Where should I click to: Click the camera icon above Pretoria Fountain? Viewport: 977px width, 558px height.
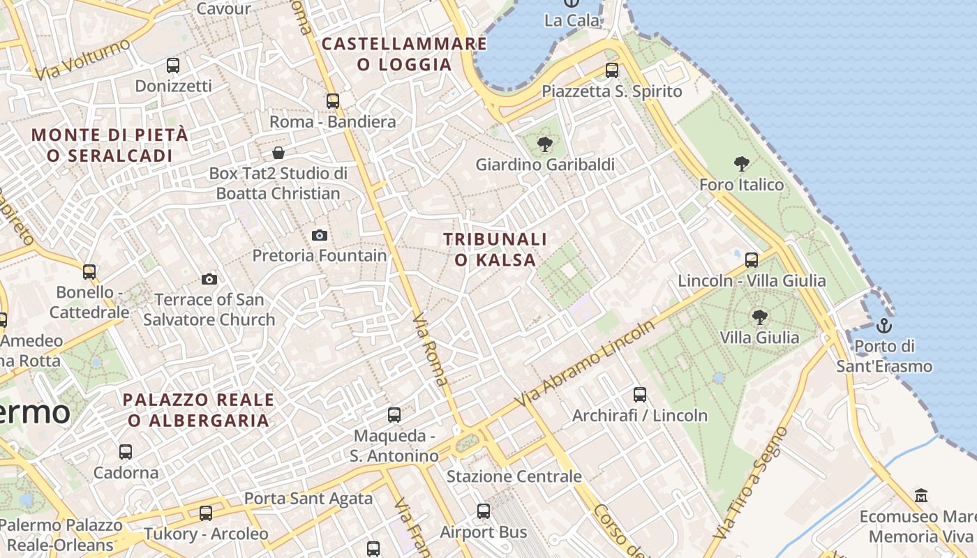tap(320, 235)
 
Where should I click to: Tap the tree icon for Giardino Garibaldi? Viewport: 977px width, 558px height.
tap(545, 144)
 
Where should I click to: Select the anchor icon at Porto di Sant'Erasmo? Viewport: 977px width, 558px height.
tap(884, 326)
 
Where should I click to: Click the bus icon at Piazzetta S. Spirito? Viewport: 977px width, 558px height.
tap(612, 70)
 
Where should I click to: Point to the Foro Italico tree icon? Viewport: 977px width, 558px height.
tap(742, 165)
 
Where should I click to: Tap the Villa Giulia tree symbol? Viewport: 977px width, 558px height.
tap(760, 317)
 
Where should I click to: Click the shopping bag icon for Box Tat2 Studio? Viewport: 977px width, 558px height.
tap(278, 153)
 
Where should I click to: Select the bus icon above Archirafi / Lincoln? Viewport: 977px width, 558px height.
tap(640, 395)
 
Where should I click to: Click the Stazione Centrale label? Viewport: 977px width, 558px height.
tap(514, 476)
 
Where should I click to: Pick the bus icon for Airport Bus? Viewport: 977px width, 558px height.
tap(484, 511)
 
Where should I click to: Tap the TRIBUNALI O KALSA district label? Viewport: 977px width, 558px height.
tap(495, 250)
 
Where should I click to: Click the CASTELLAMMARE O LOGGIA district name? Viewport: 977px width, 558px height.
tap(404, 54)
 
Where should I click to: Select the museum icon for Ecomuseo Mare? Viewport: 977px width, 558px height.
tap(921, 496)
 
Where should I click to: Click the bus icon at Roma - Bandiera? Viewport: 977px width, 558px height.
tap(333, 101)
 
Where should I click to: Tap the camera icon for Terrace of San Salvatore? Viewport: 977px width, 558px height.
tap(209, 280)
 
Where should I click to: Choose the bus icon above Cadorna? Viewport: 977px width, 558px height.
tap(126, 452)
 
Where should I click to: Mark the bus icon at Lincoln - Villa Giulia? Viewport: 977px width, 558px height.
tap(752, 260)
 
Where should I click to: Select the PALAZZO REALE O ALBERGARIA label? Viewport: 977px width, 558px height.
tap(199, 410)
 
